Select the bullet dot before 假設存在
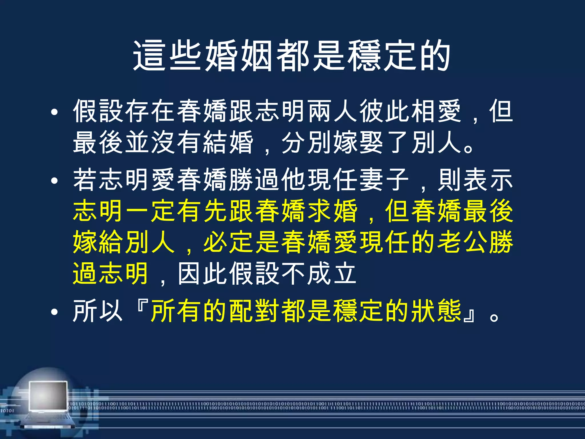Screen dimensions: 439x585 click(54, 112)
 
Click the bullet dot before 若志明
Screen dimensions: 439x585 click(54, 181)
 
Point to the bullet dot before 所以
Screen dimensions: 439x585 click(54, 312)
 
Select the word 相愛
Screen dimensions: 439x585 click(436, 111)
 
